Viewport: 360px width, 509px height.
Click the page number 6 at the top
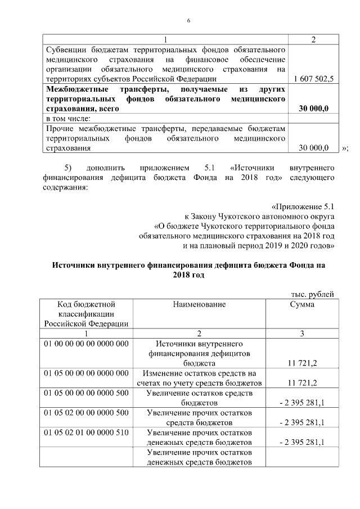point(189,21)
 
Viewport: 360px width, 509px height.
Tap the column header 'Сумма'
point(301,304)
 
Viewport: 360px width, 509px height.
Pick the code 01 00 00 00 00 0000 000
point(86,343)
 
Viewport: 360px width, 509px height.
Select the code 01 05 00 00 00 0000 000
point(86,373)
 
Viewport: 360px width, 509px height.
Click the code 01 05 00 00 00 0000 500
point(86,393)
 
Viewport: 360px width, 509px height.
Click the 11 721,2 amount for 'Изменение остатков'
point(301,383)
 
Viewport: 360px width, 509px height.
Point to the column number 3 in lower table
point(301,334)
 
